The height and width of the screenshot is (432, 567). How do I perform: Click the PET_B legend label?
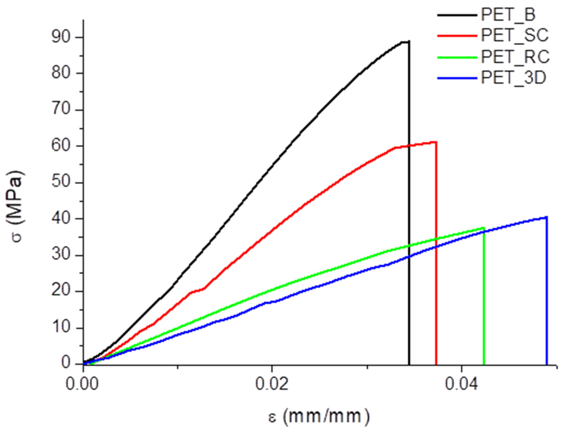pyautogui.click(x=508, y=15)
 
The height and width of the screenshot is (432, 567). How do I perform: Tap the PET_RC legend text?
pyautogui.click(x=515, y=57)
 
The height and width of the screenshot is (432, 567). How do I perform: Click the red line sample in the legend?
pyautogui.click(x=457, y=36)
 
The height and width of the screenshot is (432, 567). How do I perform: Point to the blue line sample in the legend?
pyautogui.click(x=457, y=78)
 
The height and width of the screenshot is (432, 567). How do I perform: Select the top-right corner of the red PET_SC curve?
pyautogui.click(x=436, y=142)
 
